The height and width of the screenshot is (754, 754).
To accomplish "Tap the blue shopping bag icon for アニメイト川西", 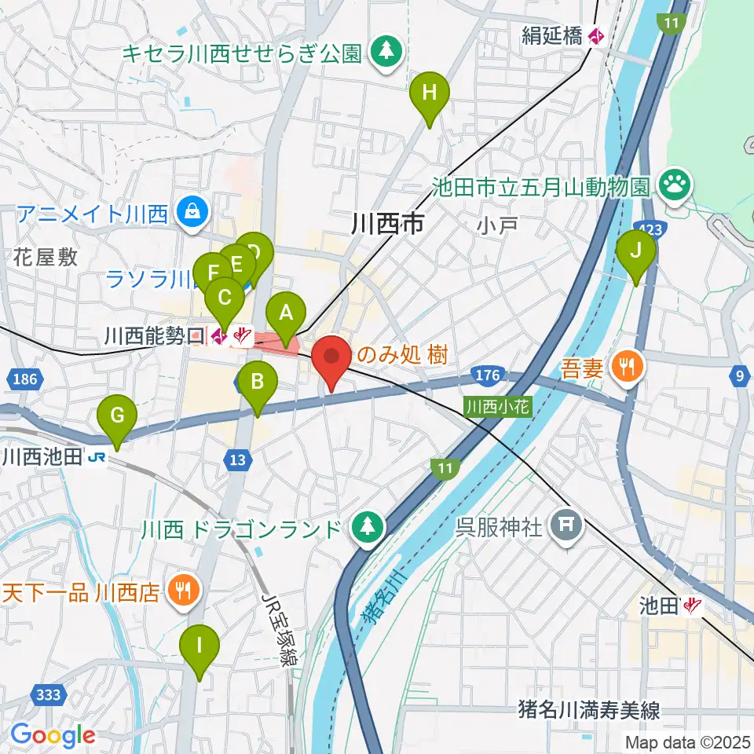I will point(192,212).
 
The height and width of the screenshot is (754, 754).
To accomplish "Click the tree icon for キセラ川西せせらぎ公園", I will point(386,53).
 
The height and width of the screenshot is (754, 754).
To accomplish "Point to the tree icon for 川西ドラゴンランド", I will point(366,526).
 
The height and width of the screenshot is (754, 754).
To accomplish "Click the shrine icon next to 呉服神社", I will point(566,526).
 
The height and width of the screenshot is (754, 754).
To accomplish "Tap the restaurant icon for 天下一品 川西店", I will point(185,591).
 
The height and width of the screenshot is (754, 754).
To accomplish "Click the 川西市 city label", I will point(388,225).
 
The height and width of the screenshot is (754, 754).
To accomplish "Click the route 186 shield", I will point(25,379).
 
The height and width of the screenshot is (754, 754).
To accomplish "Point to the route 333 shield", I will point(49,694).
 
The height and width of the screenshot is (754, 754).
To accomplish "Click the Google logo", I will point(53,735).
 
